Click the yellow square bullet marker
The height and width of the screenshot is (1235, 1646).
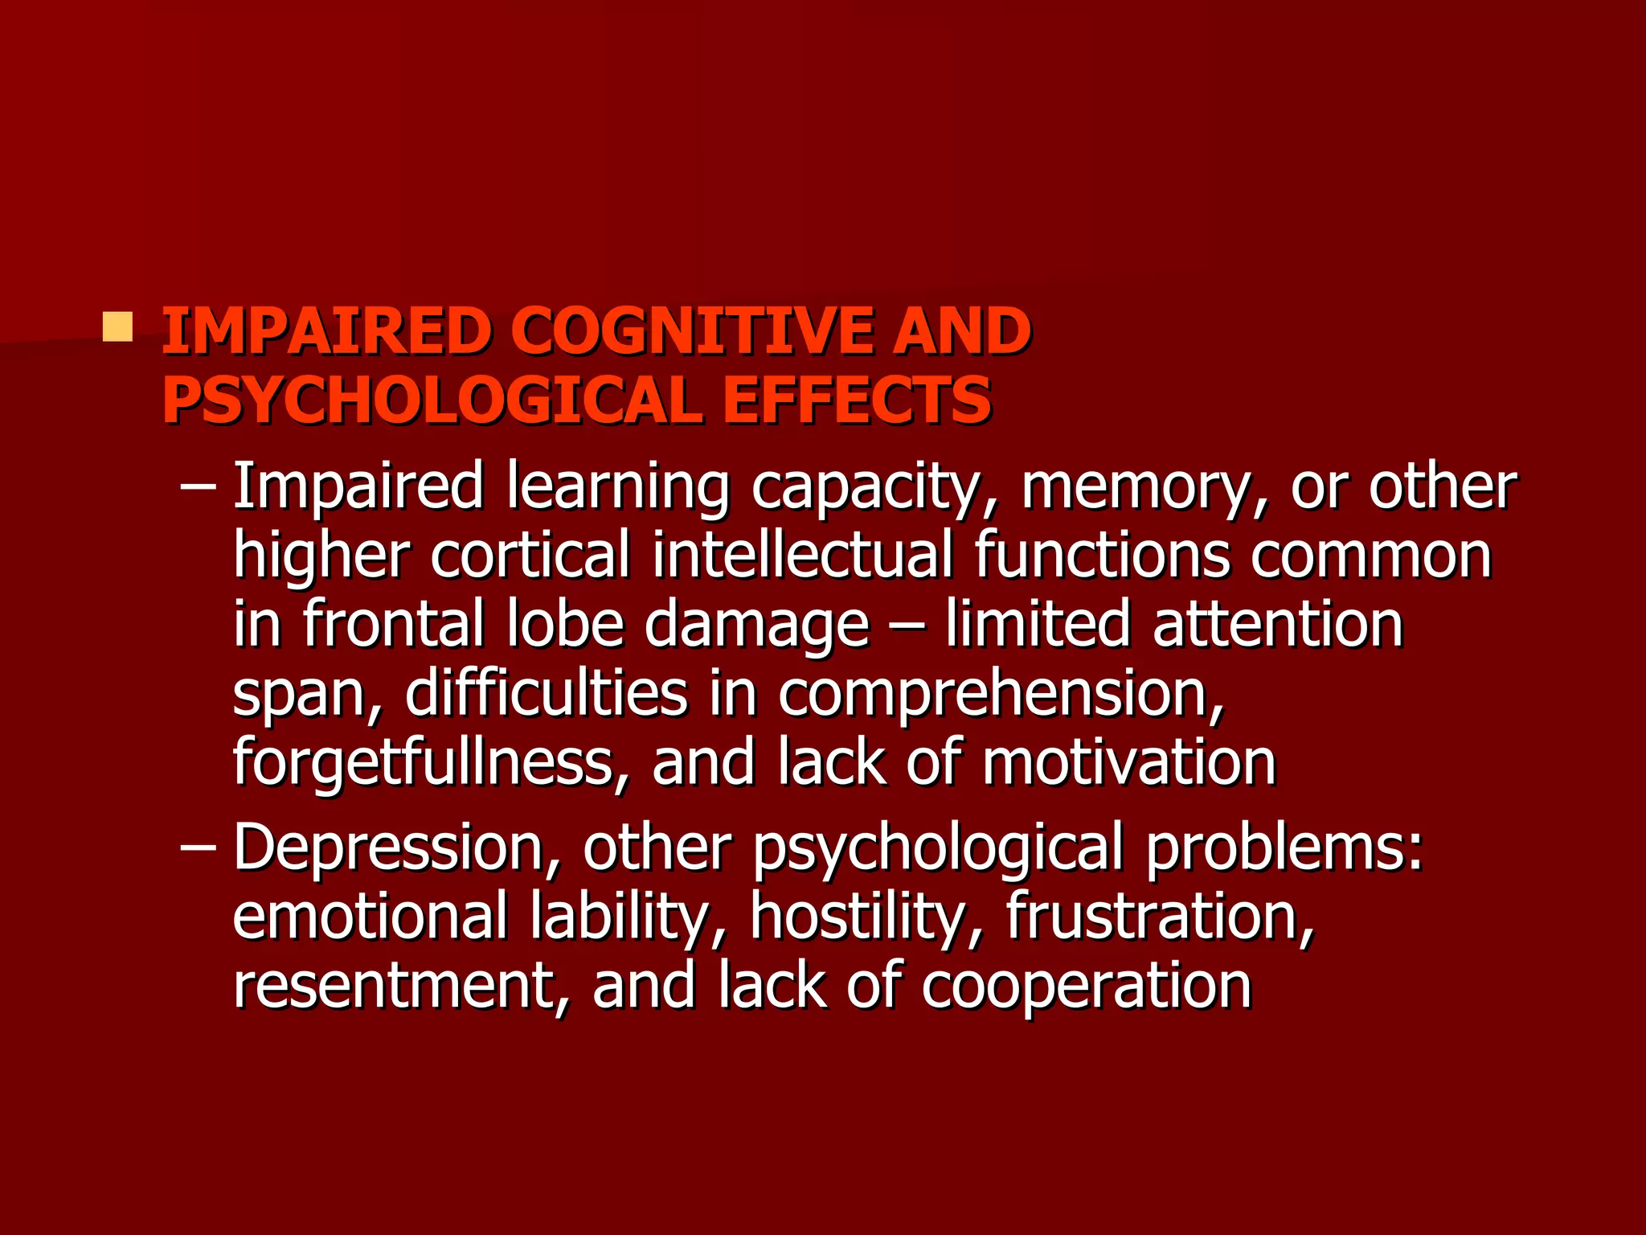[117, 327]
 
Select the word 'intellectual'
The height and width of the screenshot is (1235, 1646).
[801, 556]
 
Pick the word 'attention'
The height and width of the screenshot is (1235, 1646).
[1277, 624]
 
